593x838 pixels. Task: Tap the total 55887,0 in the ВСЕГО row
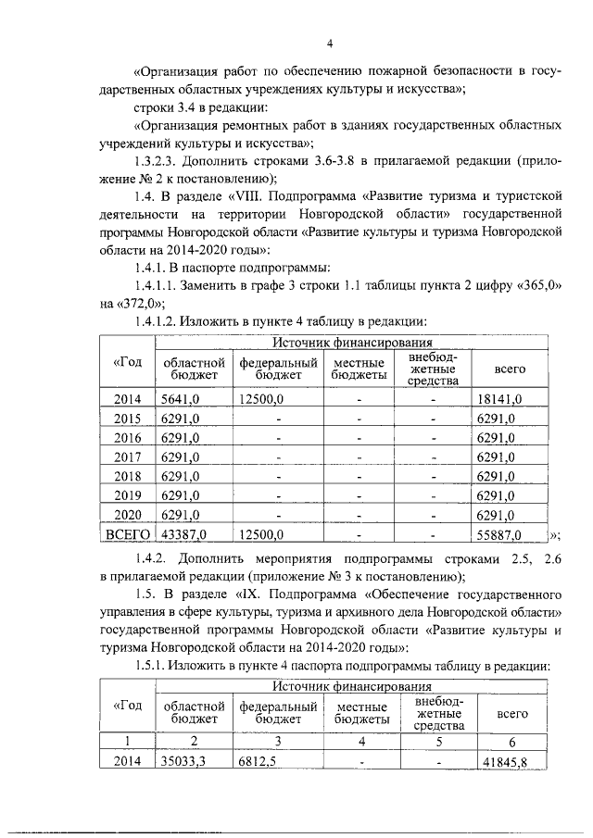point(498,534)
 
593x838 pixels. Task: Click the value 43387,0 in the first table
point(183,534)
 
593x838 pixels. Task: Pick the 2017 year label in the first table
point(127,457)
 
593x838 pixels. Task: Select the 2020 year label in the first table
point(127,515)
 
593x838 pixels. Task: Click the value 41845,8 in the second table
point(519,761)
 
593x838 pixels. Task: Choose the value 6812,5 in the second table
point(257,761)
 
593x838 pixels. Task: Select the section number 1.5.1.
point(152,667)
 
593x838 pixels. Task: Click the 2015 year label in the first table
point(127,419)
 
